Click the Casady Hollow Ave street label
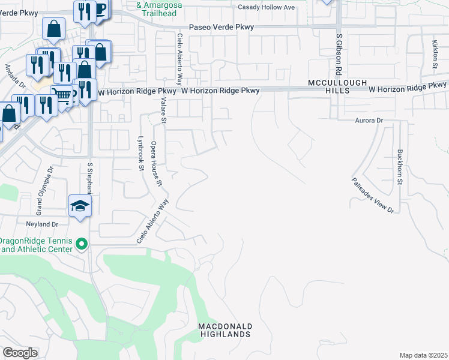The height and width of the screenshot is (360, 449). point(267,7)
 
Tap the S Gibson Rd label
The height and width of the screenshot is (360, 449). point(339,52)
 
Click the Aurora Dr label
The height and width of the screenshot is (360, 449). point(367,121)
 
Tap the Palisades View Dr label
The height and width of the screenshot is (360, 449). point(373,194)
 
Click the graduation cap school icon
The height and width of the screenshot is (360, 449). point(79,205)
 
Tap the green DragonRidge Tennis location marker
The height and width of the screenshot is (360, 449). point(83,244)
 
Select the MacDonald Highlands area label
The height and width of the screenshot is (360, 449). point(226,329)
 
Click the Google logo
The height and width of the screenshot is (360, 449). point(20,353)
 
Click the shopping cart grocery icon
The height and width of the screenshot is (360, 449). point(61,94)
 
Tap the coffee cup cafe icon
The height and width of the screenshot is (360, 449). point(100,8)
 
